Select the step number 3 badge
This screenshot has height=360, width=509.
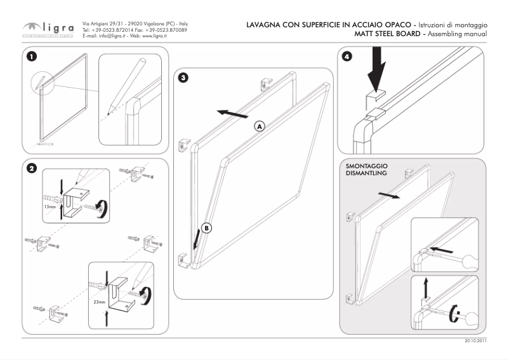(x=183, y=78)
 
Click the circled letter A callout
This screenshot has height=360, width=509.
(x=260, y=126)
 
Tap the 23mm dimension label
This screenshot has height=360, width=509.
(x=100, y=302)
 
